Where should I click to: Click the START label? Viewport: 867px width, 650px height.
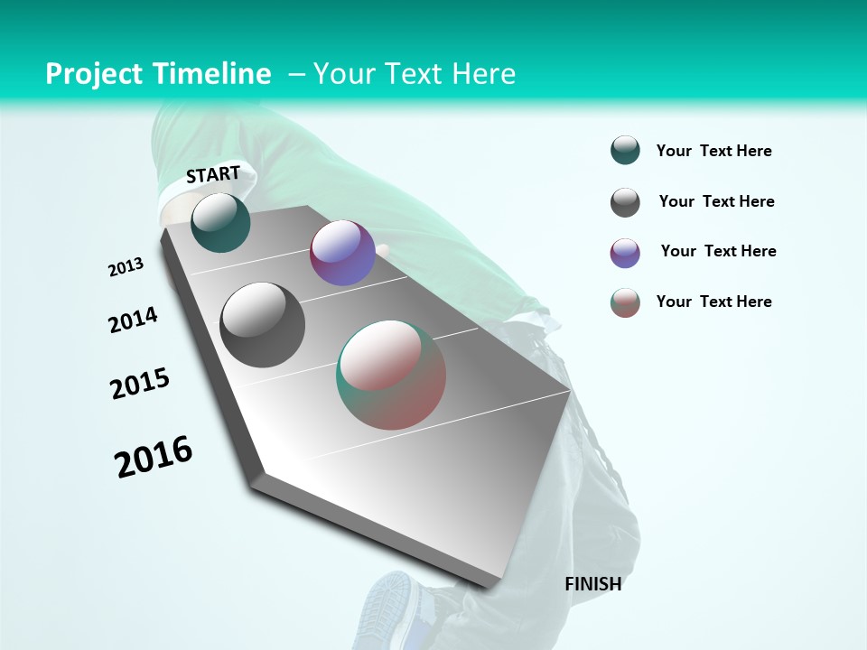click(213, 174)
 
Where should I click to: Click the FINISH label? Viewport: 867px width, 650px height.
click(593, 584)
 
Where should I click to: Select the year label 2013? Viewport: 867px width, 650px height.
click(126, 267)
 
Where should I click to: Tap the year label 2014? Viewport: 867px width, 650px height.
click(133, 320)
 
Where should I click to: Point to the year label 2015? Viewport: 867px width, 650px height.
click(140, 384)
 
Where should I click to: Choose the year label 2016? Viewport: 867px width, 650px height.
click(154, 456)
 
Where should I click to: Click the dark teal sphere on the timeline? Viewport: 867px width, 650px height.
click(220, 222)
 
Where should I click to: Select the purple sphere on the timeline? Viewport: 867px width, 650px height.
click(342, 253)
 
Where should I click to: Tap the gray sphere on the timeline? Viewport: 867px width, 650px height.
click(263, 325)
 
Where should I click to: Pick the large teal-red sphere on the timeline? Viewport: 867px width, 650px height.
click(391, 375)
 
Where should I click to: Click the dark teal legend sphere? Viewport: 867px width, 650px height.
click(625, 151)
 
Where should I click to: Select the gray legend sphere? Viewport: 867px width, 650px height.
click(625, 202)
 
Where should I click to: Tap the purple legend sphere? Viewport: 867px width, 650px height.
click(625, 253)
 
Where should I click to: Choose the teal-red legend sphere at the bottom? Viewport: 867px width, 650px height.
click(625, 302)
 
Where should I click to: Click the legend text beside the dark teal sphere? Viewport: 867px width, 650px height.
click(713, 151)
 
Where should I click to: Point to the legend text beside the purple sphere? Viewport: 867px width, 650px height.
click(718, 251)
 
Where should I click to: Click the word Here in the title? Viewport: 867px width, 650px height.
click(483, 74)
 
